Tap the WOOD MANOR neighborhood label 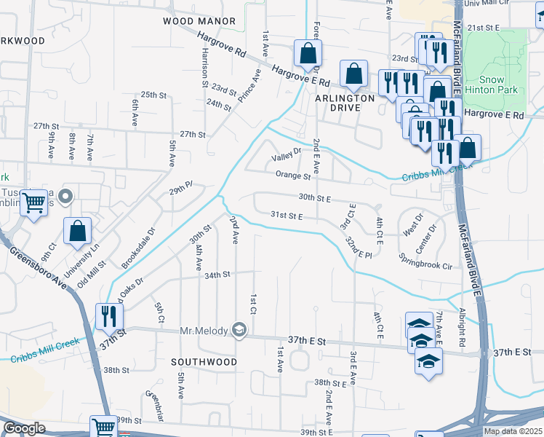point(199,22)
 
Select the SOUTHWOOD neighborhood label point(204,361)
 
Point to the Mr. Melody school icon point(239,330)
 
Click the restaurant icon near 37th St point(110,316)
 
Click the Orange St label point(293,175)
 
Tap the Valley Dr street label point(286,154)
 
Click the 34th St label point(217,275)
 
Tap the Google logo point(24,428)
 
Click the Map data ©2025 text point(513,431)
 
